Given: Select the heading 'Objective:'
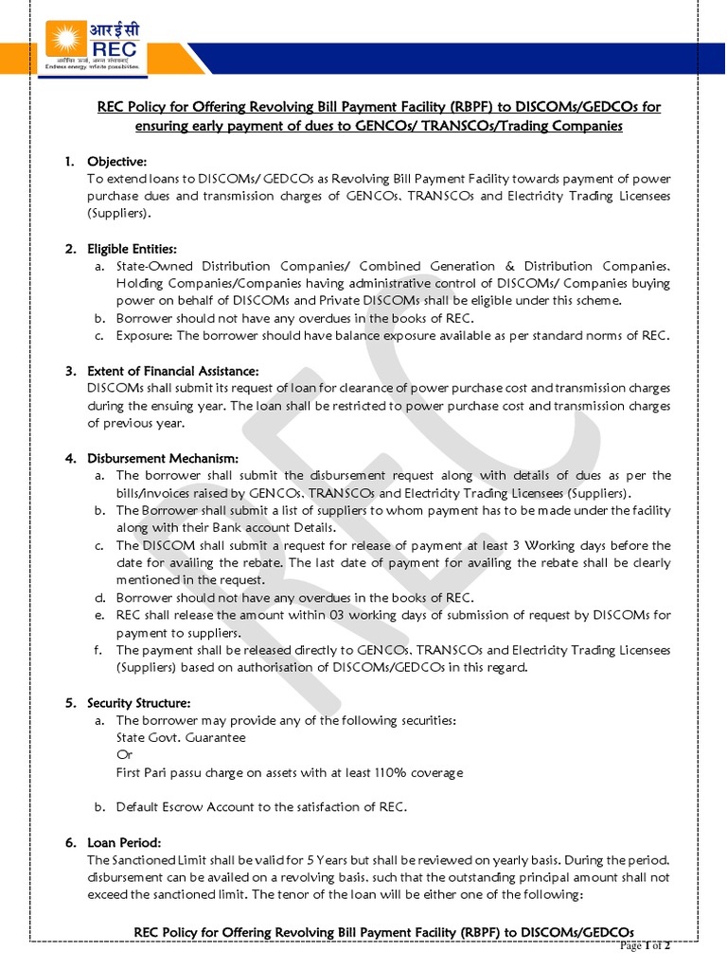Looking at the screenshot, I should [117, 162].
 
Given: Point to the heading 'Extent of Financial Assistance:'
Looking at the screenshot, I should [172, 371].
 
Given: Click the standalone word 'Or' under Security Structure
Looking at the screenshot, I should [124, 755].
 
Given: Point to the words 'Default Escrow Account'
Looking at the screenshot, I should [187, 807].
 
